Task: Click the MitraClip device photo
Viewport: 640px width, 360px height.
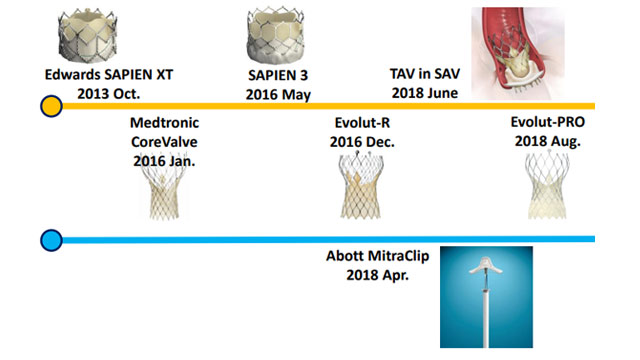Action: (x=486, y=298)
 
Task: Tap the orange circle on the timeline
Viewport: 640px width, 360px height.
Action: (x=50, y=105)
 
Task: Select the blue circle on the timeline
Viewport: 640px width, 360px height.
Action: (x=50, y=240)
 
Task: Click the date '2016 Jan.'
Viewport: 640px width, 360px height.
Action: (x=165, y=159)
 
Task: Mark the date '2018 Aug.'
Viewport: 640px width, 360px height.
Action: (x=546, y=141)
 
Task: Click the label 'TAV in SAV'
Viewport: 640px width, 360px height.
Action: (x=423, y=75)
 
